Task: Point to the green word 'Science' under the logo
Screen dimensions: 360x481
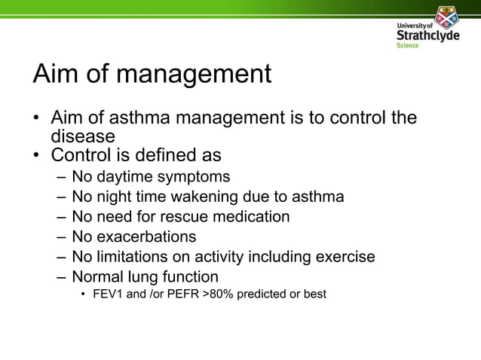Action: tap(408, 45)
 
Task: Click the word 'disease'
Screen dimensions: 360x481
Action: tap(83, 137)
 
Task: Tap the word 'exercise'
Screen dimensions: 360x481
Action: tap(345, 257)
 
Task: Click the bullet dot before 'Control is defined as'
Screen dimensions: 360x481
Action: tap(36, 157)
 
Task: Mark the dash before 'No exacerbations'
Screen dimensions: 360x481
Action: tap(61, 236)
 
